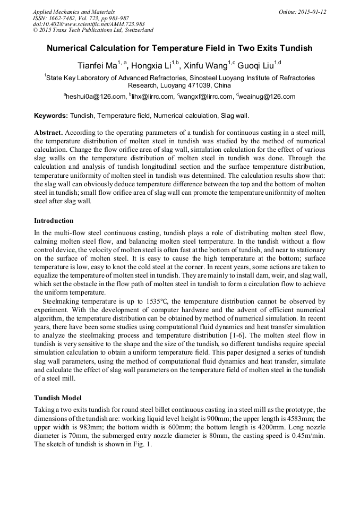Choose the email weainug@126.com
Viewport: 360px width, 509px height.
pyautogui.click(x=267, y=97)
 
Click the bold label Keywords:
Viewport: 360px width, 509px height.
pyautogui.click(x=51, y=115)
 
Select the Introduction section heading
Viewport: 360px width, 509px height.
pyautogui.click(x=54, y=220)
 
